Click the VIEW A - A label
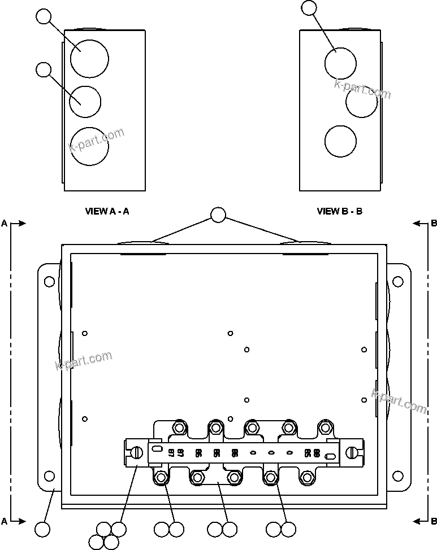tap(107, 211)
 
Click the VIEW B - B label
tap(339, 211)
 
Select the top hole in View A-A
tap(89, 58)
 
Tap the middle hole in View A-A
tap(85, 102)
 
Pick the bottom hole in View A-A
tap(89, 146)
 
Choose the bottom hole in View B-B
tap(340, 141)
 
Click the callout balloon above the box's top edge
tap(218, 215)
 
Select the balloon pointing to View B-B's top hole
tap(310, 7)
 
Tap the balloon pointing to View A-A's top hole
tap(44, 16)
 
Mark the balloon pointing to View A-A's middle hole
tap(43, 70)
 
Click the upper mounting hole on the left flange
tap(50, 281)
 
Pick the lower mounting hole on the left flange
tap(50, 475)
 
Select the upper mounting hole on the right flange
tap(398, 281)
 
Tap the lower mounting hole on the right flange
tap(398, 475)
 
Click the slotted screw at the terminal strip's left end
tap(136, 452)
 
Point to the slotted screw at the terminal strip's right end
tap(352, 452)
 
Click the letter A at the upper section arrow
tap(5, 224)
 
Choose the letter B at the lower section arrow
tap(434, 521)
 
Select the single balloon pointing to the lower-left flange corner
tap(42, 530)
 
